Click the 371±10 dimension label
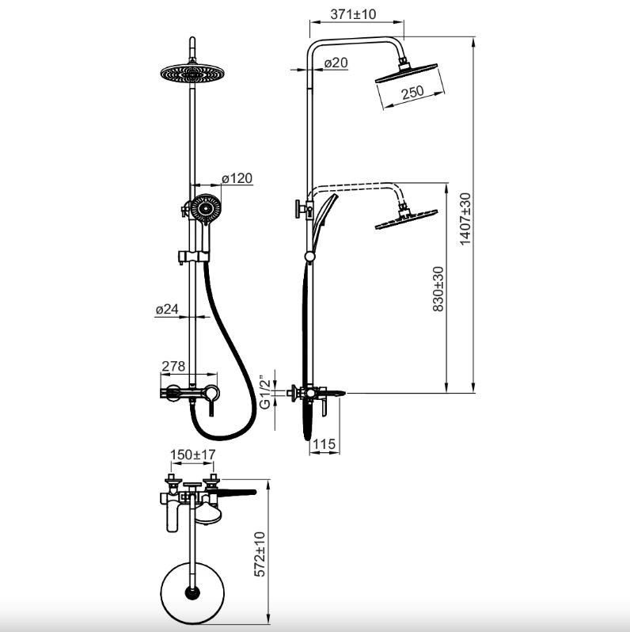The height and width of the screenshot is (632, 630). (353, 14)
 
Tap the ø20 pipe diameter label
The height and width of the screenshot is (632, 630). (336, 63)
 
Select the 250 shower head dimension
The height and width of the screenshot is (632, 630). (412, 92)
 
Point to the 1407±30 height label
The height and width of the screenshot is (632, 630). (465, 219)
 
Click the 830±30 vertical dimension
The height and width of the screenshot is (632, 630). (438, 289)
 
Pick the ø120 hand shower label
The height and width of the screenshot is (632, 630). (237, 177)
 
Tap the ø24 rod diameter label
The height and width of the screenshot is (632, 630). (167, 309)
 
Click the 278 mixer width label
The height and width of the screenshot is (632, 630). (173, 366)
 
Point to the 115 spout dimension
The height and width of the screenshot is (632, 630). (324, 444)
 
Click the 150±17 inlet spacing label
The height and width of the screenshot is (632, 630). (192, 455)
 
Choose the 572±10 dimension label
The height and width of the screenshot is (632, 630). (260, 554)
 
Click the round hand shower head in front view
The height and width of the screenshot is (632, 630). (206, 208)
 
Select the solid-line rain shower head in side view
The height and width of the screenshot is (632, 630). (406, 73)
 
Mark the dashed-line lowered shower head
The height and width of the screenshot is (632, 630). (406, 219)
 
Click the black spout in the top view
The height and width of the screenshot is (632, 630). (237, 492)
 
